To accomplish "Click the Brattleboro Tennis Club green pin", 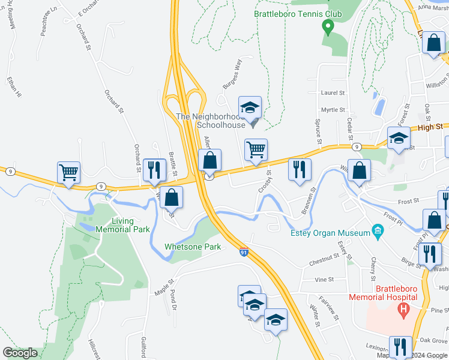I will click(328, 26).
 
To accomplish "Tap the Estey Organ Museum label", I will click(330, 233).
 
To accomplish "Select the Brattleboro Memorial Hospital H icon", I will click(403, 310).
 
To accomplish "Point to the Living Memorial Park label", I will click(122, 225).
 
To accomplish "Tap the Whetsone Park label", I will click(193, 247).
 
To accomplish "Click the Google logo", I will click(20, 353).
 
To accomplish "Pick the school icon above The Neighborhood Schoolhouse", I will click(250, 107).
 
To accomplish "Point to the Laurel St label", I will click(333, 93).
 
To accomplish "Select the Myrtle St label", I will click(333, 110).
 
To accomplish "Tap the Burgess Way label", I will click(232, 74).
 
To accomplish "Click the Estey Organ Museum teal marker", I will click(377, 230).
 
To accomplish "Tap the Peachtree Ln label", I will click(49, 23).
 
